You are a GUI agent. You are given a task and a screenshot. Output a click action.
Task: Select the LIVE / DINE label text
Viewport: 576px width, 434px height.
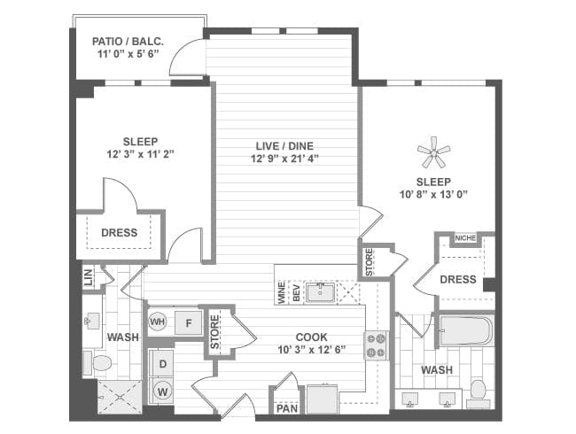point(283,145)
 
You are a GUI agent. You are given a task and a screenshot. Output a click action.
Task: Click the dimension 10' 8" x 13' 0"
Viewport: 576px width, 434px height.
point(433,194)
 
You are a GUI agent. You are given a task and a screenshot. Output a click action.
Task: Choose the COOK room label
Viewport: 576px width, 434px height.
point(311,337)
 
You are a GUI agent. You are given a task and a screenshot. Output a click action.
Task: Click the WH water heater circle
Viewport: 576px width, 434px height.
point(158,321)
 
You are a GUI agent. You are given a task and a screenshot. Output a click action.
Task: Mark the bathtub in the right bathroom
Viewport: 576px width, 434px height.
point(464,332)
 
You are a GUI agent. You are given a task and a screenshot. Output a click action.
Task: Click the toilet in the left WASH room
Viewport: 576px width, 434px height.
point(99,363)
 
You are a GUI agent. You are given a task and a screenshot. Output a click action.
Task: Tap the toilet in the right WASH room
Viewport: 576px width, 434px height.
point(479,390)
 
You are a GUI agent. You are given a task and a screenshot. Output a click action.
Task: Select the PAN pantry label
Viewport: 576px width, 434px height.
point(286,408)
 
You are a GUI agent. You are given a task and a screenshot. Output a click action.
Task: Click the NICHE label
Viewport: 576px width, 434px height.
point(465,237)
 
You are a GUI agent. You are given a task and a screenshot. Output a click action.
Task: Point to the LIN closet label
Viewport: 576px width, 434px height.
point(88,277)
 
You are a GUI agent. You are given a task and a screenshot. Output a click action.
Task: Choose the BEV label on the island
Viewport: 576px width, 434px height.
point(296,294)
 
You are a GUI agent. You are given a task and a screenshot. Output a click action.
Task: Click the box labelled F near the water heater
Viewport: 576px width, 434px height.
point(188,322)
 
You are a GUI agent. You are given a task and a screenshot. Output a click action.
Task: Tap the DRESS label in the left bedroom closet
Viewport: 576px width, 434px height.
point(120,233)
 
